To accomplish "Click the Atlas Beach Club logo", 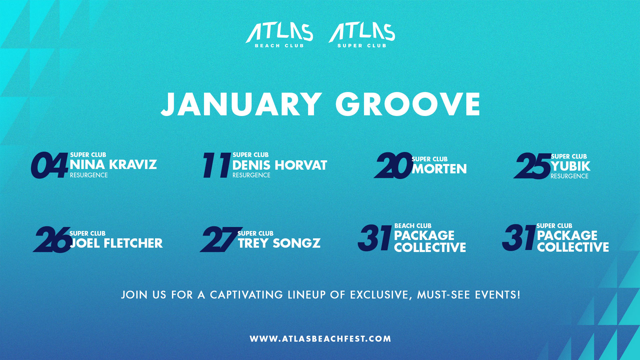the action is (x=279, y=35).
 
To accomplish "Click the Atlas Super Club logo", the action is (x=362, y=35).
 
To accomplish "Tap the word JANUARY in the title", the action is (x=241, y=104).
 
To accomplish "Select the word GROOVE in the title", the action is (x=408, y=104).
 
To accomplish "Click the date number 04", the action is (x=49, y=165).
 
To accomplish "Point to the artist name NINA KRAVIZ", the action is (x=113, y=165).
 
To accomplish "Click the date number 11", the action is (x=217, y=165).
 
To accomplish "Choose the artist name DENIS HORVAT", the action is (x=280, y=165).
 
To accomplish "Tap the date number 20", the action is (x=393, y=165).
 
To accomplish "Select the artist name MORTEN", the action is (x=439, y=169).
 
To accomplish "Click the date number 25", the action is (x=532, y=166).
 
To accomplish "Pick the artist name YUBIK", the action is (x=570, y=166).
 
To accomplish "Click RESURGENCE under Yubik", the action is (x=569, y=176).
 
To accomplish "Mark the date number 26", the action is (x=52, y=239).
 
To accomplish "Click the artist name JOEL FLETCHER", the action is (x=116, y=243).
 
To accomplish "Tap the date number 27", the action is (x=217, y=239).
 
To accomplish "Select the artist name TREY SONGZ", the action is (x=279, y=243).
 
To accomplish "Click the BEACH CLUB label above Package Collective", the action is (x=413, y=226).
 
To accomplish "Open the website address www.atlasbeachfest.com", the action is (x=320, y=339).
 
